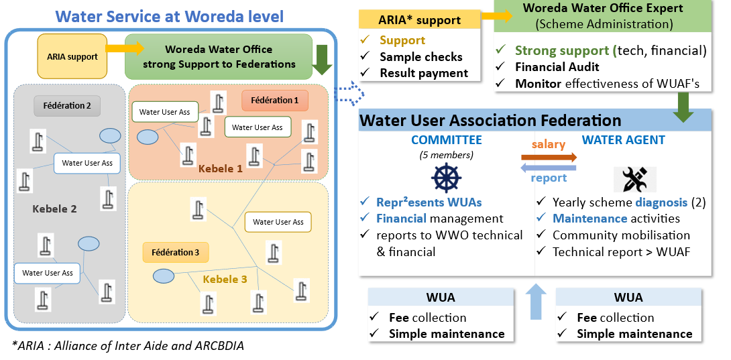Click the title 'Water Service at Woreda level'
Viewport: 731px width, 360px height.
(x=169, y=16)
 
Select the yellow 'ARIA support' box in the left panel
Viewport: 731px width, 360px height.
(x=72, y=56)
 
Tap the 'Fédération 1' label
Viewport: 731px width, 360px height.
(x=274, y=101)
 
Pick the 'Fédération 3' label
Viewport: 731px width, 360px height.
(x=175, y=252)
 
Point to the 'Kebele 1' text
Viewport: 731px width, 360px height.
(x=220, y=168)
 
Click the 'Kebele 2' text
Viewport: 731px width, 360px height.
(x=54, y=208)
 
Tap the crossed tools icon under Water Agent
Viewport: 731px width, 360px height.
(x=634, y=179)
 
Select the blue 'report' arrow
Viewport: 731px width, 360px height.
(x=549, y=168)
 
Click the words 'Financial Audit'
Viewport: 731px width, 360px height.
(x=557, y=67)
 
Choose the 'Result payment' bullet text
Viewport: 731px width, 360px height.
(x=424, y=72)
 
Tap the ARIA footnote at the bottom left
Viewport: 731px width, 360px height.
(x=127, y=346)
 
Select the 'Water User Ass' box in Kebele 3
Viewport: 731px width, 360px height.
(x=278, y=222)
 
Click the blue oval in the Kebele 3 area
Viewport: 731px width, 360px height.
(x=163, y=276)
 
